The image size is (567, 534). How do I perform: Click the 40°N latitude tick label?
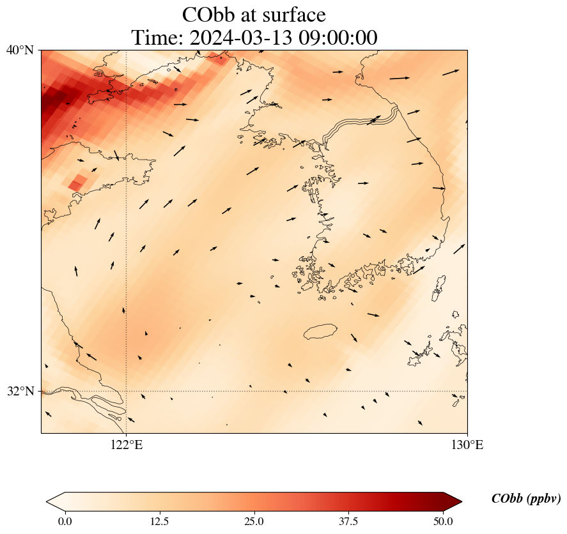point(20,50)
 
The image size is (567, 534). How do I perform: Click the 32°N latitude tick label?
point(20,391)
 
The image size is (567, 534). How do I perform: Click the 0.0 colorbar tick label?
point(65,521)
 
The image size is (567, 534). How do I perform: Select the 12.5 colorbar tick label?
point(159,521)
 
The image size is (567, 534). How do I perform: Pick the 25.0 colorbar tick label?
point(254,521)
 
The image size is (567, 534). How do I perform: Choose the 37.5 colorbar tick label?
point(348,521)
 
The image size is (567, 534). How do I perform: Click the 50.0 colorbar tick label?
point(443,521)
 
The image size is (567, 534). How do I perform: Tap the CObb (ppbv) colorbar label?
point(526,499)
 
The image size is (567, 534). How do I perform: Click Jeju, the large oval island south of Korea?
point(321,332)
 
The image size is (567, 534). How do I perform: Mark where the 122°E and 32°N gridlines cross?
point(127,391)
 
